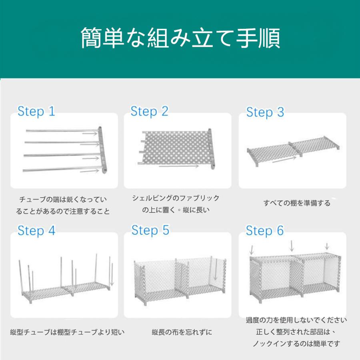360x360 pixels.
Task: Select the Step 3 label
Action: point(265,112)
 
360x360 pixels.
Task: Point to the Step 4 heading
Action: point(36,230)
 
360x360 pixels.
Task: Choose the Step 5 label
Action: point(150,230)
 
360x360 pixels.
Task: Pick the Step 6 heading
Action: point(265,230)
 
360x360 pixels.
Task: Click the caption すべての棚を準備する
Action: point(297,203)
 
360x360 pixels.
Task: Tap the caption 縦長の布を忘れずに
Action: point(182,332)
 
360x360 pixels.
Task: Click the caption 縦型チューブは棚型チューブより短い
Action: point(67,332)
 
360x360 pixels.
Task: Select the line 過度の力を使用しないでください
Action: point(296,320)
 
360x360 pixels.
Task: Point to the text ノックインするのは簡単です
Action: point(296,344)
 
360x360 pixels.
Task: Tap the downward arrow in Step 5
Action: point(215,271)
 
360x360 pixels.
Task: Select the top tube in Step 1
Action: point(60,130)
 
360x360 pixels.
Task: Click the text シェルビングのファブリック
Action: point(176,198)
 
